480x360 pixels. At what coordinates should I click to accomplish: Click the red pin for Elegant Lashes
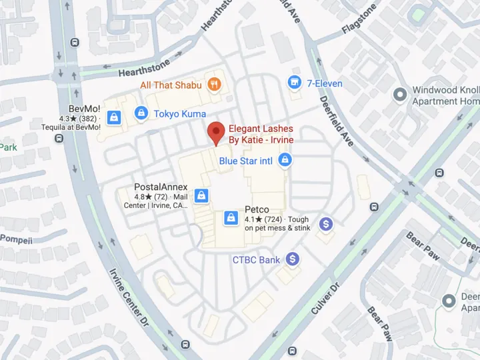[215, 132]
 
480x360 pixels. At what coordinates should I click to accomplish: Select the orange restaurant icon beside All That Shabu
[213, 84]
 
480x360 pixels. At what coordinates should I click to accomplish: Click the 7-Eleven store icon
[293, 82]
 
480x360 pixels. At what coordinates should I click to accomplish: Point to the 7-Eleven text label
[325, 83]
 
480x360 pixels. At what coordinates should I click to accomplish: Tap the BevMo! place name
[84, 109]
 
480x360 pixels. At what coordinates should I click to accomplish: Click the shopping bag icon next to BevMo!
[114, 118]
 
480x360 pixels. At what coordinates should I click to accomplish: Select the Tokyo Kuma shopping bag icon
[141, 113]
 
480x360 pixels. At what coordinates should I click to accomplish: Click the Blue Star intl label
[247, 161]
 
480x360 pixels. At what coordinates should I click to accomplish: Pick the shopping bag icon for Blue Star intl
[285, 160]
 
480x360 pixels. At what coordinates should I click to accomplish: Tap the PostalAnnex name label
[161, 187]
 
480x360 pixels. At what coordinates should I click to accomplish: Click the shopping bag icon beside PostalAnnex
[201, 195]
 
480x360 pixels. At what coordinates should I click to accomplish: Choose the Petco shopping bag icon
[231, 217]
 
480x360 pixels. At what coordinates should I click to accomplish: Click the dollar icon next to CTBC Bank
[291, 259]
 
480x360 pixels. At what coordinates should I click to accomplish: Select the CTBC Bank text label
[256, 260]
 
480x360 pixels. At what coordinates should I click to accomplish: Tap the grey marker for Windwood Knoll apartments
[399, 95]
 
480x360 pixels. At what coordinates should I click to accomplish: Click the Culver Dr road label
[325, 298]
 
